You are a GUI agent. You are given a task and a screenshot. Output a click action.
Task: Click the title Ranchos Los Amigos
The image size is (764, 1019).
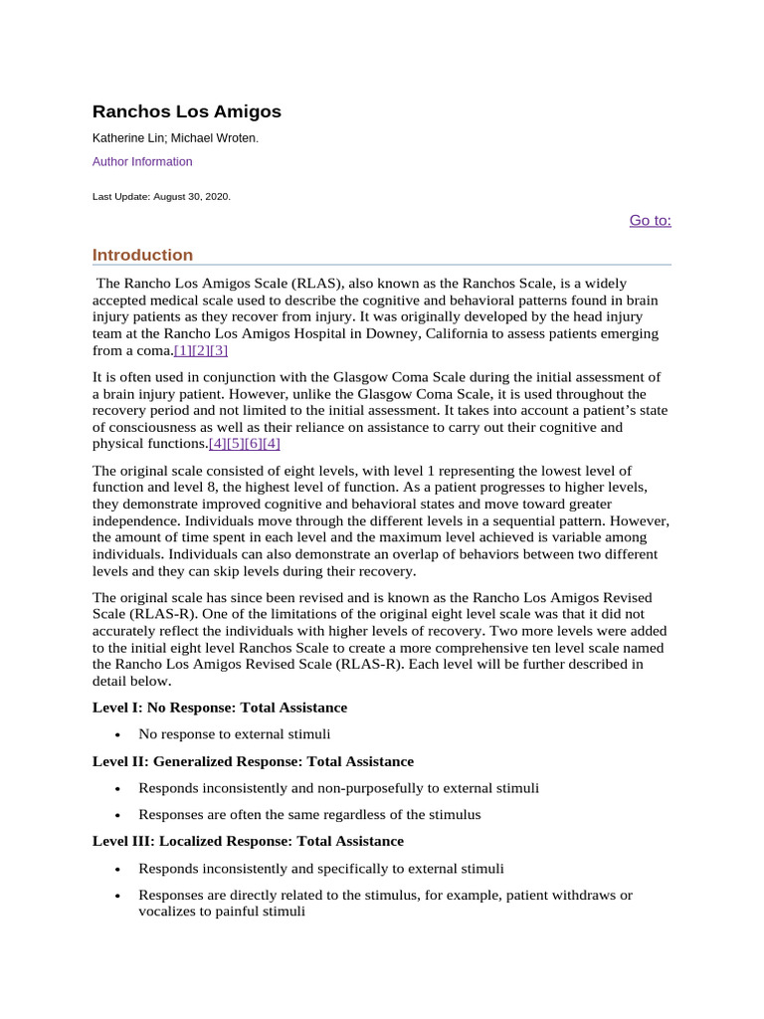tap(186, 111)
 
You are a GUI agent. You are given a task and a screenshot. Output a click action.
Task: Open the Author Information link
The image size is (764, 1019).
tap(142, 161)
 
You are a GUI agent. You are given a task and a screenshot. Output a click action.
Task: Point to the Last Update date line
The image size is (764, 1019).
tap(161, 197)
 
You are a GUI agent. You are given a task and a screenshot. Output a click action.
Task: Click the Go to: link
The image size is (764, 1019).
tap(650, 220)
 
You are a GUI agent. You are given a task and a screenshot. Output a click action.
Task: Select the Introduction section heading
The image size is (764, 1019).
tap(142, 255)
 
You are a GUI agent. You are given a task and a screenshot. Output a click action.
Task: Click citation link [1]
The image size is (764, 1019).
tap(183, 350)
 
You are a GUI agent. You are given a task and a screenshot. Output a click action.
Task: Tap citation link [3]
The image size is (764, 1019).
tap(219, 350)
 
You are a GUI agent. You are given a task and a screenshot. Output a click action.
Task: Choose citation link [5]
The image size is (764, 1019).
tap(236, 443)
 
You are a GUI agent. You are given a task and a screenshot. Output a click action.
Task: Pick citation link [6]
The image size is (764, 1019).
tap(254, 443)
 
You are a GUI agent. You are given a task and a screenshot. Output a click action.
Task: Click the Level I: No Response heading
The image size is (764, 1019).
tap(220, 708)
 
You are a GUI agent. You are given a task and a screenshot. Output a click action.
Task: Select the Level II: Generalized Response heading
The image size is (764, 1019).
tap(253, 761)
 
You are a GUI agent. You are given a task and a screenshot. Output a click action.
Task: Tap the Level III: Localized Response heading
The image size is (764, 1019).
tap(248, 841)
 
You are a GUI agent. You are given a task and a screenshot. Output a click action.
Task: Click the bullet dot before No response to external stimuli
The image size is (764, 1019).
tap(117, 735)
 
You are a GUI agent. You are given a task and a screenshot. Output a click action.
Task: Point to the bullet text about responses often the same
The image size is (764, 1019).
tap(309, 814)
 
